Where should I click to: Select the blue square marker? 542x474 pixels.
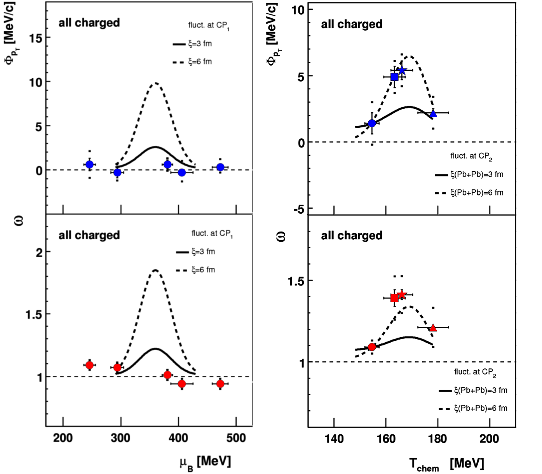(x=394, y=77)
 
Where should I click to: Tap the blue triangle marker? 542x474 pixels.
(x=433, y=113)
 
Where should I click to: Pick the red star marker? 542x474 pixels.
(x=402, y=295)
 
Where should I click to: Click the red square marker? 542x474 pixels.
(x=394, y=298)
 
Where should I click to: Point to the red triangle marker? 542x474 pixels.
(x=433, y=328)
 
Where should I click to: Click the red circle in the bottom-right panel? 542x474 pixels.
(x=372, y=347)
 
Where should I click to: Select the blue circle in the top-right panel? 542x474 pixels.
(x=372, y=123)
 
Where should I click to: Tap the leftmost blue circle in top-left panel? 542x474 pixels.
(x=89, y=165)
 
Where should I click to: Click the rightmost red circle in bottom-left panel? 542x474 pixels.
(x=220, y=384)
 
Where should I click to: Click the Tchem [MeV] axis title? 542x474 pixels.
(x=446, y=464)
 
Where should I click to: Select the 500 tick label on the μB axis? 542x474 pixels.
(x=236, y=438)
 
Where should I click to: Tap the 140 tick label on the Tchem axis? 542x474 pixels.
(x=334, y=439)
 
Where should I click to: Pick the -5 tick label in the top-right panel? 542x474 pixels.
(x=299, y=210)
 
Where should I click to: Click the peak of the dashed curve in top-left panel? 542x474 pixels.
(x=155, y=83)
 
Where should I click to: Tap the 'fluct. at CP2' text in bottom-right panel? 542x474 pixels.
(x=475, y=372)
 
